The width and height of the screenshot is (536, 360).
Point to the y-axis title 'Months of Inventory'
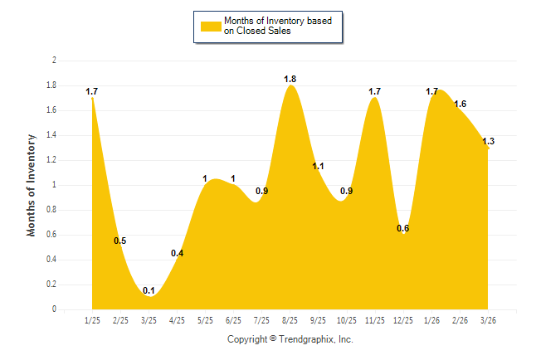pos(32,185)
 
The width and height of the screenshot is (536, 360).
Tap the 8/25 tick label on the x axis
pos(290,320)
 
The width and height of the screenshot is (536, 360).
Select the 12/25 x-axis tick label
pos(403,320)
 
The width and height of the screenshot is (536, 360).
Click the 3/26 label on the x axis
pos(488,320)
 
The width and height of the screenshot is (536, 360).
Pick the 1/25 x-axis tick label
pos(92,320)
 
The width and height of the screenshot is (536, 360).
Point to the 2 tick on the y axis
pos(54,61)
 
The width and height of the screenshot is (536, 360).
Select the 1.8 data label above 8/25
pos(290,80)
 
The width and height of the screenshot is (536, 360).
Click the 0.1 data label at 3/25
pos(149,290)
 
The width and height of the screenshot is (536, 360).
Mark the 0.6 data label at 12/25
pos(402,228)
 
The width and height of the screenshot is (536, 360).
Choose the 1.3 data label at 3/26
pos(488,142)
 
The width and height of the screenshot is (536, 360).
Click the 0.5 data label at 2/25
pos(120,241)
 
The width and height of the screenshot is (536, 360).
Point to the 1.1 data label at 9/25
pos(318,167)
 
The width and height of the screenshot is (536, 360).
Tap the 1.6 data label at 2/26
pos(460,105)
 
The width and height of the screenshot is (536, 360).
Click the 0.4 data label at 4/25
pos(177,253)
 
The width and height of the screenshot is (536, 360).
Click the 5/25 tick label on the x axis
pos(205,320)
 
